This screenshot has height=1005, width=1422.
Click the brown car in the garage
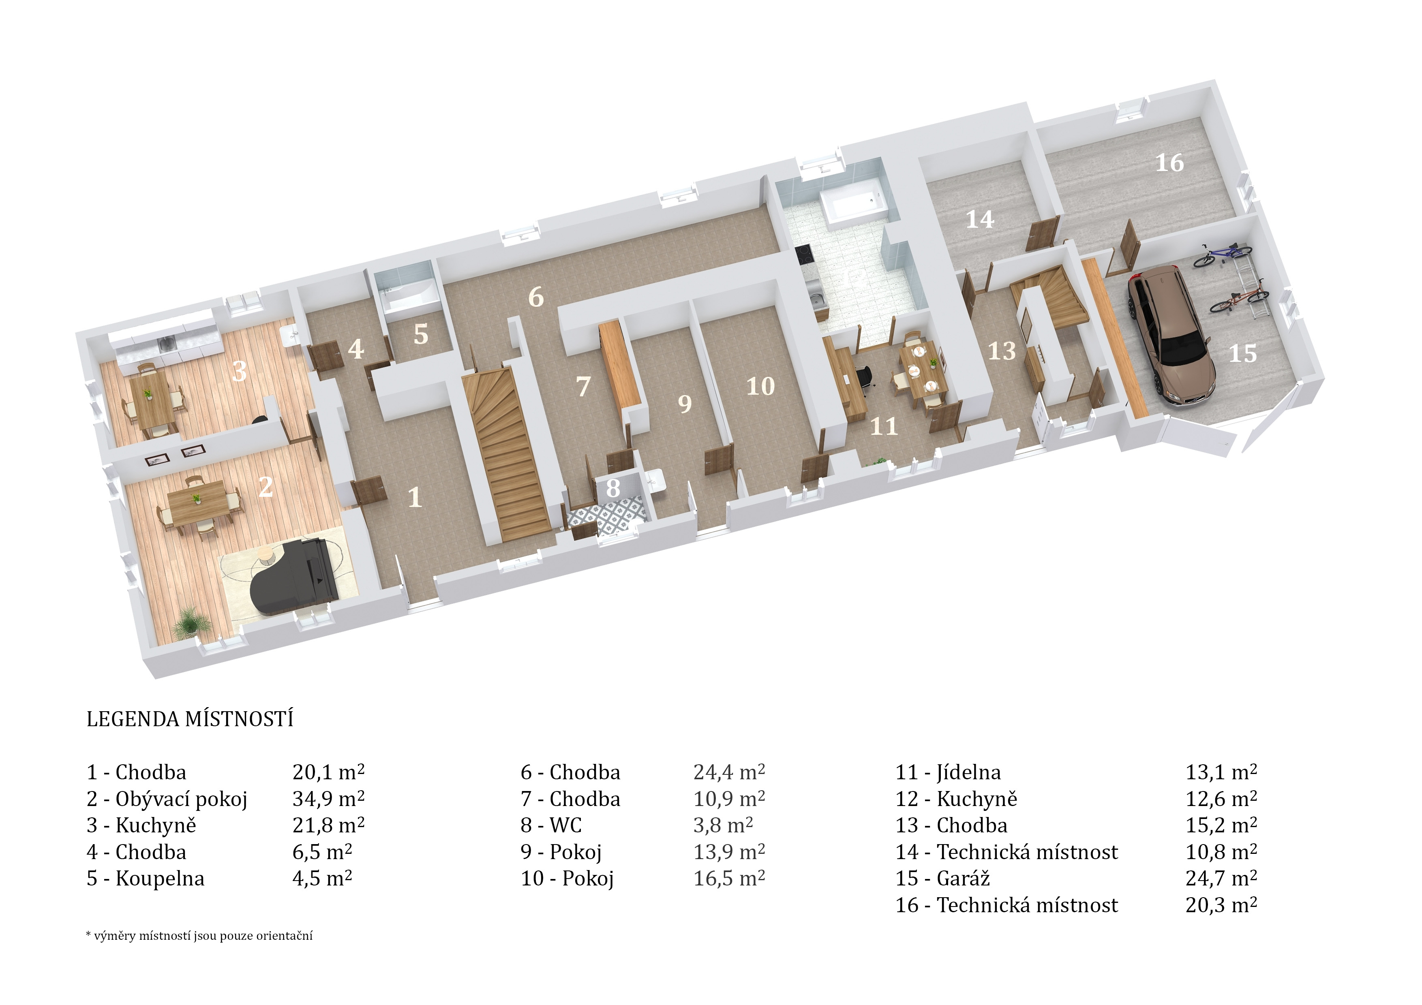pyautogui.click(x=1171, y=334)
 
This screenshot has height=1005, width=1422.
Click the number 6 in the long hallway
pyautogui.click(x=536, y=297)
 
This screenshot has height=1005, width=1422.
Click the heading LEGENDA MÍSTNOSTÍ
pyautogui.click(x=190, y=719)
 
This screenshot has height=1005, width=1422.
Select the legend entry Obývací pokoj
pyautogui.click(x=182, y=800)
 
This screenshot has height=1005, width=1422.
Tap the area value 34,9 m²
pyautogui.click(x=328, y=798)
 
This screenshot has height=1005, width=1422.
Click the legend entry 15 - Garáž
pyautogui.click(x=942, y=878)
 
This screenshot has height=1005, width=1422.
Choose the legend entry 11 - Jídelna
pyautogui.click(x=948, y=772)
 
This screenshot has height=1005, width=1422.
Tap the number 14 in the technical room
pyautogui.click(x=980, y=219)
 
